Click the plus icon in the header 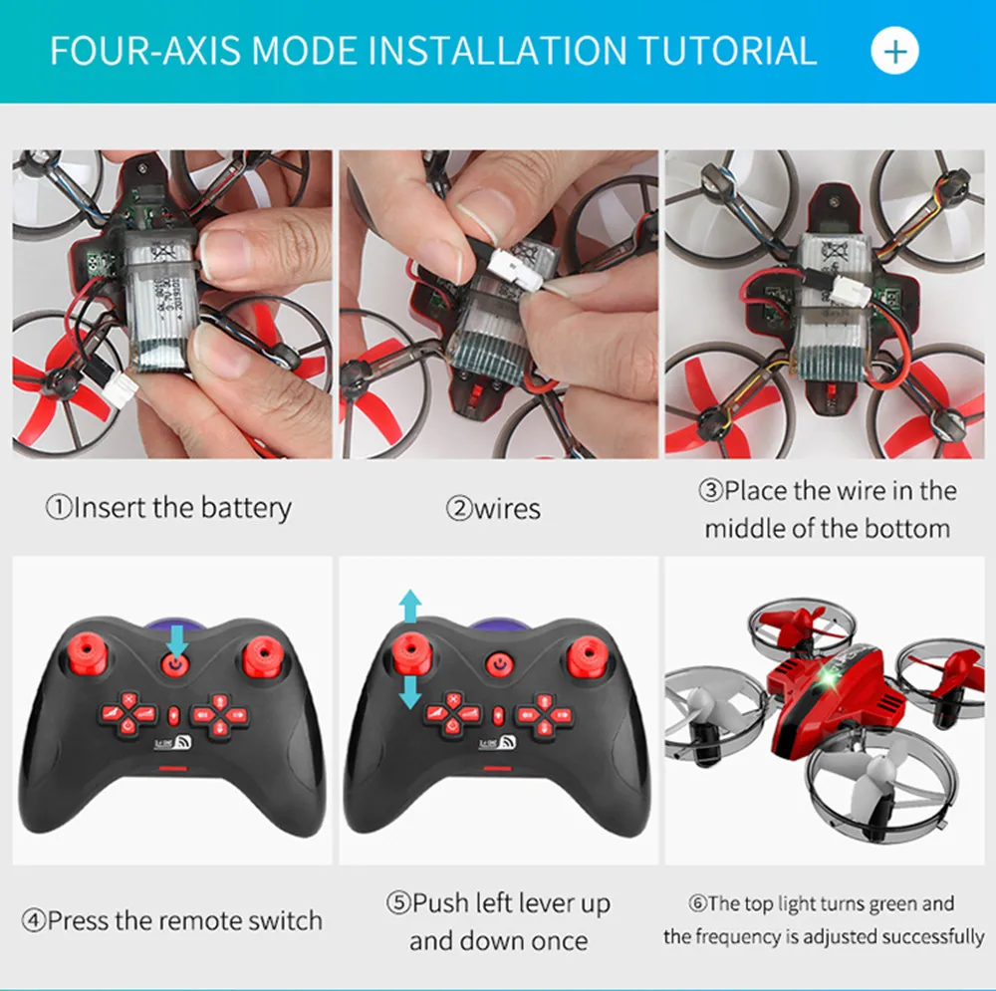[894, 51]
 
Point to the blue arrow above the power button [176, 635]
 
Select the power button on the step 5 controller [497, 662]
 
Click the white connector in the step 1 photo [121, 382]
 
